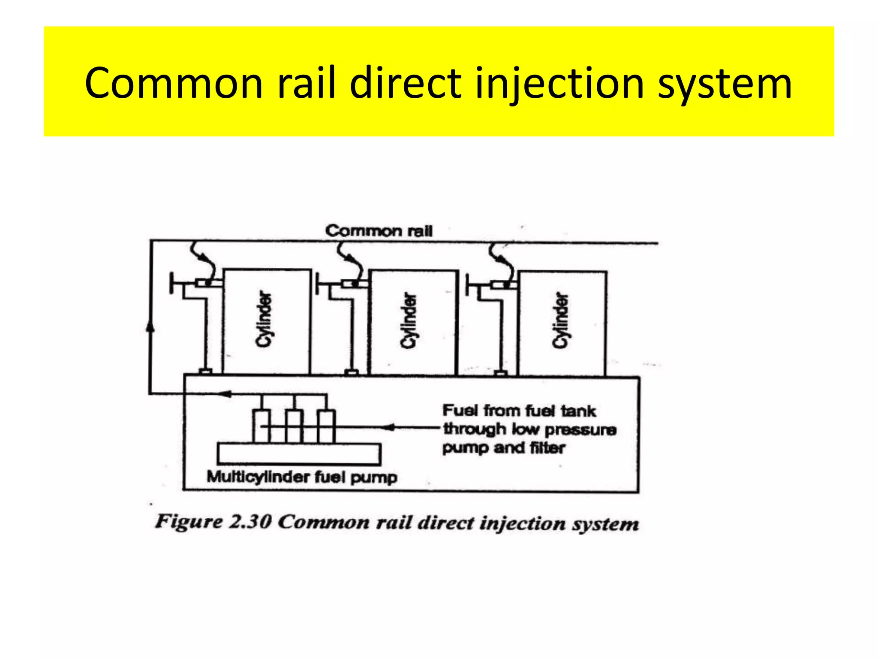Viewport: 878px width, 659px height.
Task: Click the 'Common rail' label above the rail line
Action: pos(379,231)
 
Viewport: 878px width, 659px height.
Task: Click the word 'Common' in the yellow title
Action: pos(174,84)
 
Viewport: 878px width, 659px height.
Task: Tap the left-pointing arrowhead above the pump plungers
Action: pos(226,394)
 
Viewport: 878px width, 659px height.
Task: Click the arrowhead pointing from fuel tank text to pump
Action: pos(388,427)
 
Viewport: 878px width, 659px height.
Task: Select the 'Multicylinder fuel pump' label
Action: pos(302,477)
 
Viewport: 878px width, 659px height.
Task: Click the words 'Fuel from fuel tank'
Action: pos(519,411)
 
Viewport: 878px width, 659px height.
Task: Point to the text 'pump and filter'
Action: pos(504,448)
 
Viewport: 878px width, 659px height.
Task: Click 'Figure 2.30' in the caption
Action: pos(213,522)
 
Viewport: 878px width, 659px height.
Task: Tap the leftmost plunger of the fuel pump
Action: pos(261,426)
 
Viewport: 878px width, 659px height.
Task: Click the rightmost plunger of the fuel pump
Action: pos(326,426)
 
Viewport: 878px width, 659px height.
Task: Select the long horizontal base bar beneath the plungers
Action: pos(299,454)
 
